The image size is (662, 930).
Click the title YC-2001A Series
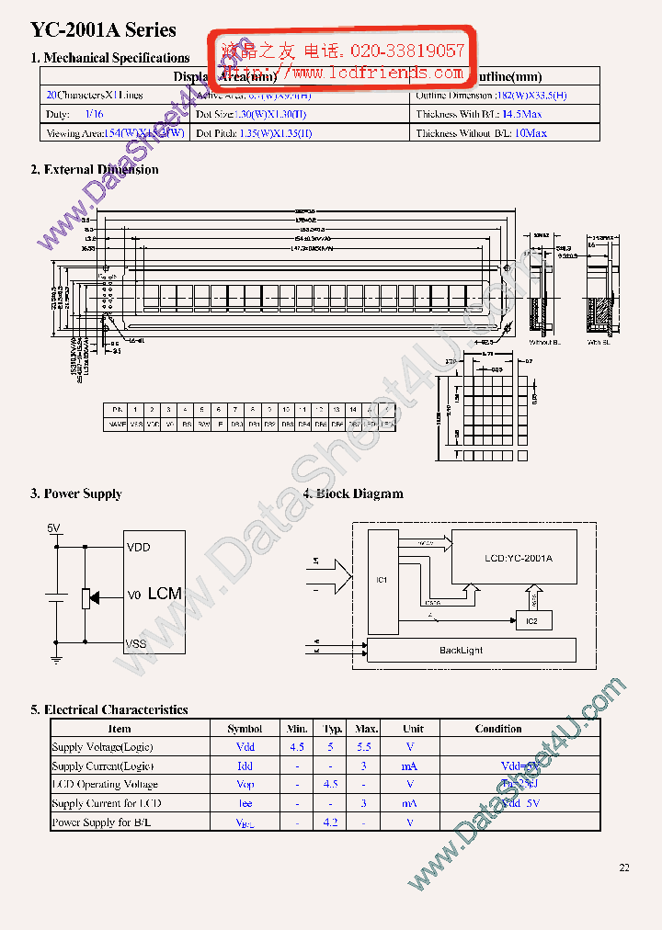click(x=103, y=30)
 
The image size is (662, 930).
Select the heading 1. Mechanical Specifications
click(x=110, y=58)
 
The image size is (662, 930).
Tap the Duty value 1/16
click(x=94, y=114)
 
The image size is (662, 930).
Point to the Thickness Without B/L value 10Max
click(x=531, y=133)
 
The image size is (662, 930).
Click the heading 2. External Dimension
click(x=95, y=169)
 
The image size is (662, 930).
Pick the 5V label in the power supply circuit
click(x=53, y=528)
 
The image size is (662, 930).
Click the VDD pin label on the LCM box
click(x=138, y=548)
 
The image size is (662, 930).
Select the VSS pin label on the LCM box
click(x=138, y=643)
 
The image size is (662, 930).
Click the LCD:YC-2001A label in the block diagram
click(x=518, y=558)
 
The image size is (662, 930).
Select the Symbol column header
click(x=245, y=729)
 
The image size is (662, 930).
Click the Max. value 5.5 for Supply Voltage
click(x=364, y=747)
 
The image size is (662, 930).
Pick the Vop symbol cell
click(x=245, y=785)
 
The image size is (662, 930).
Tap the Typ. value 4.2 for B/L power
click(x=331, y=822)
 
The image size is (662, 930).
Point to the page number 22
click(x=624, y=868)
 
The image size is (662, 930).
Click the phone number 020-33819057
click(x=416, y=51)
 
